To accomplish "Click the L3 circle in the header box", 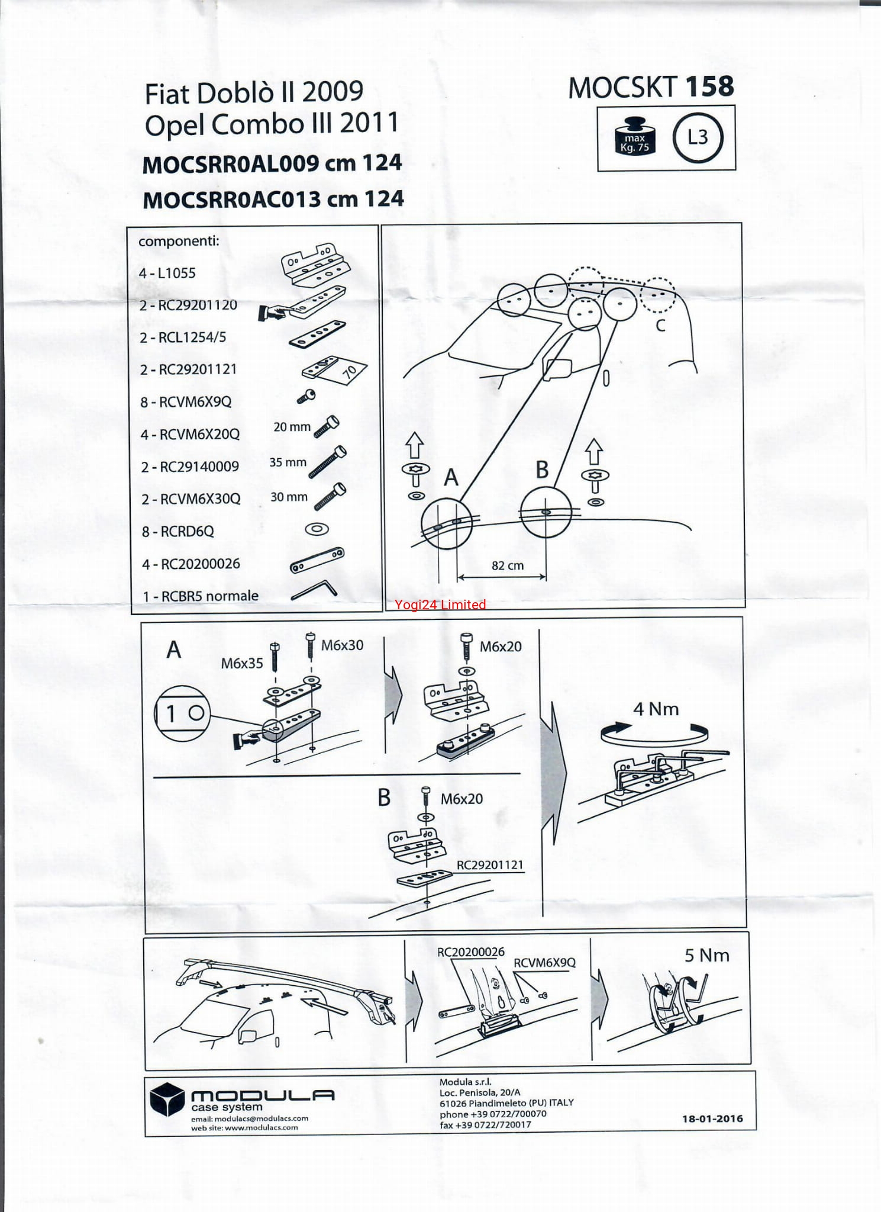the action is [x=698, y=137].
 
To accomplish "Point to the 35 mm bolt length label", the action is [x=288, y=462].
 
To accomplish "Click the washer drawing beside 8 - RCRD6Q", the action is [x=317, y=529].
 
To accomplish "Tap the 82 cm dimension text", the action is [x=508, y=565].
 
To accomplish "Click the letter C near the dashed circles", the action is [x=661, y=325].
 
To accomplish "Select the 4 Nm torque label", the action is [x=656, y=709].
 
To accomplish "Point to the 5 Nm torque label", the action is [x=707, y=955].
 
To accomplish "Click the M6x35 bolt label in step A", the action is [x=242, y=663].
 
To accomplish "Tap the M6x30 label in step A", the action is [x=342, y=645].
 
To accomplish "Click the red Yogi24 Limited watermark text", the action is [x=440, y=605].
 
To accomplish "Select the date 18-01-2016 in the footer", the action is [x=712, y=1118].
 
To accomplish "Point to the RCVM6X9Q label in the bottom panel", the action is [x=544, y=963].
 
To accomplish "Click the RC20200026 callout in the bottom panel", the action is [x=471, y=952].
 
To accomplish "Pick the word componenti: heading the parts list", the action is [x=179, y=241].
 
